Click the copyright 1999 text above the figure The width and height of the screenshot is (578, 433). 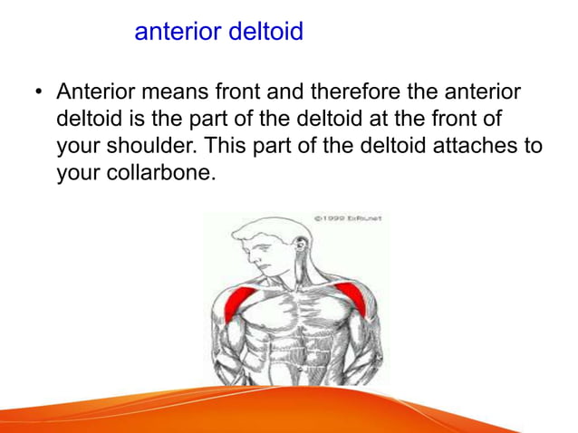tap(348, 218)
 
